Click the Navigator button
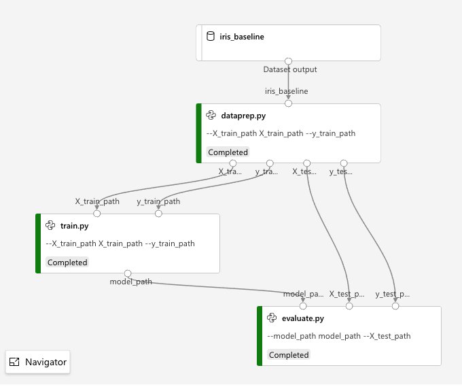pos(38,362)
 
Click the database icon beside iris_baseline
pos(210,37)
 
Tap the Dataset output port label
pos(289,69)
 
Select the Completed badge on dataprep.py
pos(228,152)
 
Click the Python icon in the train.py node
pos(50,226)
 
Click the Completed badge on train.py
pos(67,263)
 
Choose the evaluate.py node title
pos(302,318)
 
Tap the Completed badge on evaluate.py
pos(288,355)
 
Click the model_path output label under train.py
pos(130,282)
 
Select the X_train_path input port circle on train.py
pos(96,214)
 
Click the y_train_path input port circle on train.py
pos(158,214)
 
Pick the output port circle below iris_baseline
pos(288,61)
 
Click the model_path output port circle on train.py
pos(128,273)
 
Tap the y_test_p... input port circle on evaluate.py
pos(395,306)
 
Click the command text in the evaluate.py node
pos(338,336)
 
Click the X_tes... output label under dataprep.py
pos(304,171)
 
